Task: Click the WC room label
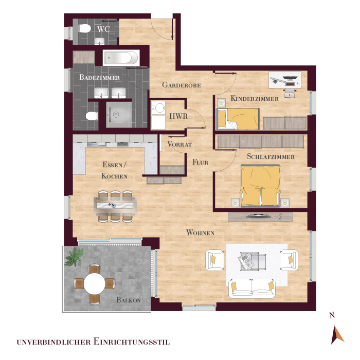pyautogui.click(x=103, y=29)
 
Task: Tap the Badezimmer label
pyautogui.click(x=99, y=77)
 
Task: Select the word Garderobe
pyautogui.click(x=182, y=85)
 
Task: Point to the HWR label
pyautogui.click(x=178, y=116)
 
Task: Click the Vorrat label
pyautogui.click(x=179, y=145)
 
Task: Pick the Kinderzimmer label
pyautogui.click(x=255, y=99)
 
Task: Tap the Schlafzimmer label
pyautogui.click(x=271, y=156)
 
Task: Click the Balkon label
pyautogui.click(x=129, y=300)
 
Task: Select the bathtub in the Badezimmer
pyautogui.click(x=121, y=58)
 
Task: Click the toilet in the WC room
pyautogui.click(x=85, y=28)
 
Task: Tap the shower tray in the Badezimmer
pyautogui.click(x=119, y=115)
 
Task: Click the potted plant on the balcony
pyautogui.click(x=74, y=257)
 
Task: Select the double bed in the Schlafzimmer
pyautogui.click(x=260, y=185)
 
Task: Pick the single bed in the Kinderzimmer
pyautogui.click(x=238, y=119)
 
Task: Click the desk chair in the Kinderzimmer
pyautogui.click(x=289, y=93)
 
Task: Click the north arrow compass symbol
pyautogui.click(x=337, y=335)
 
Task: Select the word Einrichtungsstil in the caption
pyautogui.click(x=132, y=341)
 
